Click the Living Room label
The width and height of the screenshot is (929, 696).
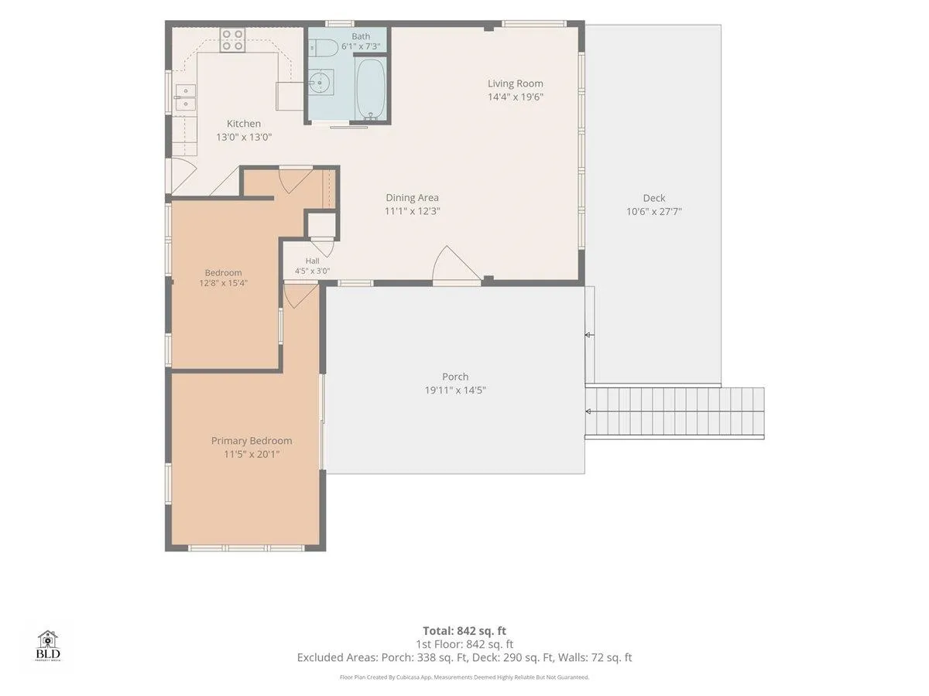click(515, 84)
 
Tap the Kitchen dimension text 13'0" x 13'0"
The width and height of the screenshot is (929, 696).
click(244, 137)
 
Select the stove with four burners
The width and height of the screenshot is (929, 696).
click(232, 40)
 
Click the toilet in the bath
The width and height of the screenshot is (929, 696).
click(323, 48)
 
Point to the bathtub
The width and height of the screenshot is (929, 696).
click(371, 90)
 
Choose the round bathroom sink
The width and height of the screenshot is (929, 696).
click(321, 82)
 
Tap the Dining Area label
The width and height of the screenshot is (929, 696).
click(412, 197)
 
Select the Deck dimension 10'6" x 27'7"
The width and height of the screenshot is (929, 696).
click(654, 211)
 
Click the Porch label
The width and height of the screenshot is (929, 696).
click(455, 377)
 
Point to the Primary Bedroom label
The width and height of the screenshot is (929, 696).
click(252, 441)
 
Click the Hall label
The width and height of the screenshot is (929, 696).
click(312, 261)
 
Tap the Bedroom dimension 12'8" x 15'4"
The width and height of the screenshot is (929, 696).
click(224, 283)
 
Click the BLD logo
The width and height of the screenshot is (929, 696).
click(48, 645)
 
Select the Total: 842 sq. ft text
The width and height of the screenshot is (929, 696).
click(464, 631)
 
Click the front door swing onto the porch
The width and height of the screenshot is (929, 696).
click(457, 265)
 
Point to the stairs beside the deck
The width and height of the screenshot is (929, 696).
click(674, 413)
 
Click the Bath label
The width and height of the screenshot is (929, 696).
click(361, 36)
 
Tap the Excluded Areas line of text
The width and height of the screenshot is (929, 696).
click(464, 657)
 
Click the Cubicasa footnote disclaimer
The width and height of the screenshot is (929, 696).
click(464, 677)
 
